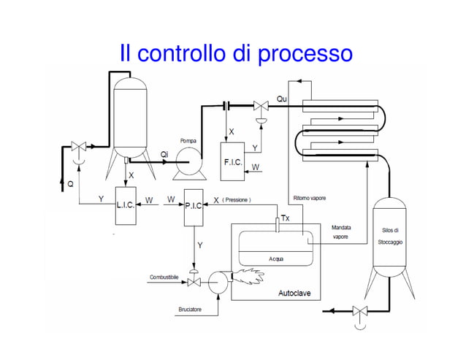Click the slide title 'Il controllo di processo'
pyautogui.click(x=236, y=53)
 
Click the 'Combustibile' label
pyautogui.click(x=164, y=277)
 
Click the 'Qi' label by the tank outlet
pyautogui.click(x=165, y=153)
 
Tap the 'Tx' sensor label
pyautogui.click(x=286, y=218)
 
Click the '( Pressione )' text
pyautogui.click(x=237, y=199)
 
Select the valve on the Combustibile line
pyautogui.click(x=194, y=282)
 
